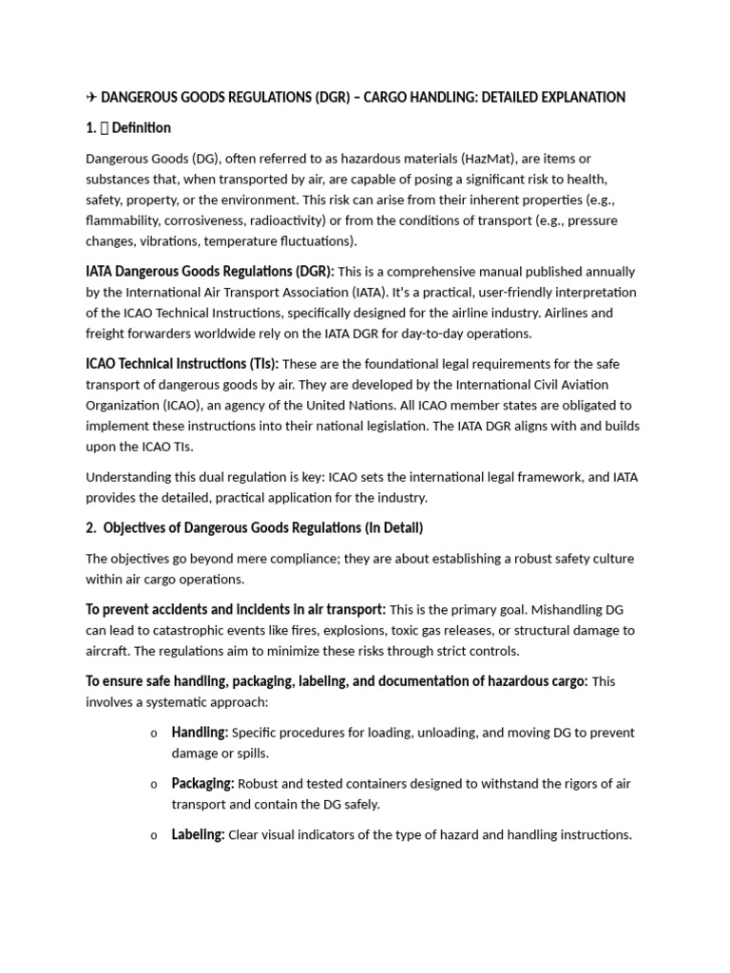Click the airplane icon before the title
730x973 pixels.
click(91, 97)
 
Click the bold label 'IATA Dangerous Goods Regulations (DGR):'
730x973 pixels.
click(209, 272)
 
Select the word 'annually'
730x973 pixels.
click(608, 272)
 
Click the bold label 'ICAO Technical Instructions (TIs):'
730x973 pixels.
click(182, 364)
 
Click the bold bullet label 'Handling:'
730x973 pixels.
click(200, 733)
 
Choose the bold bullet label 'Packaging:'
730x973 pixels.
click(202, 784)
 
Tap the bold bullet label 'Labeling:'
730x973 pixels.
click(198, 835)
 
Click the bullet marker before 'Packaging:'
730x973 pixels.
click(154, 785)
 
